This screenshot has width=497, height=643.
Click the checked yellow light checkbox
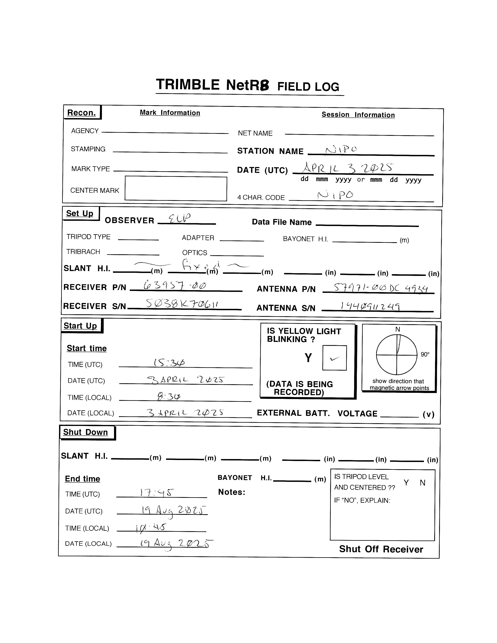click(334, 358)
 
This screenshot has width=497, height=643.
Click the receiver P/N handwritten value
click(175, 285)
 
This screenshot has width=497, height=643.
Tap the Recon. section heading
click(81, 113)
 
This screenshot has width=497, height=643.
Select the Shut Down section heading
click(85, 432)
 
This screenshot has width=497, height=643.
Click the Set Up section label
click(80, 213)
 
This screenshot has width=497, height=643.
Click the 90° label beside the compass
click(425, 354)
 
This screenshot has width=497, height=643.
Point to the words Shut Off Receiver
click(381, 549)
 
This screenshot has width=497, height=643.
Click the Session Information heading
click(358, 115)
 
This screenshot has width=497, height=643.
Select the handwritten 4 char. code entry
click(336, 195)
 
